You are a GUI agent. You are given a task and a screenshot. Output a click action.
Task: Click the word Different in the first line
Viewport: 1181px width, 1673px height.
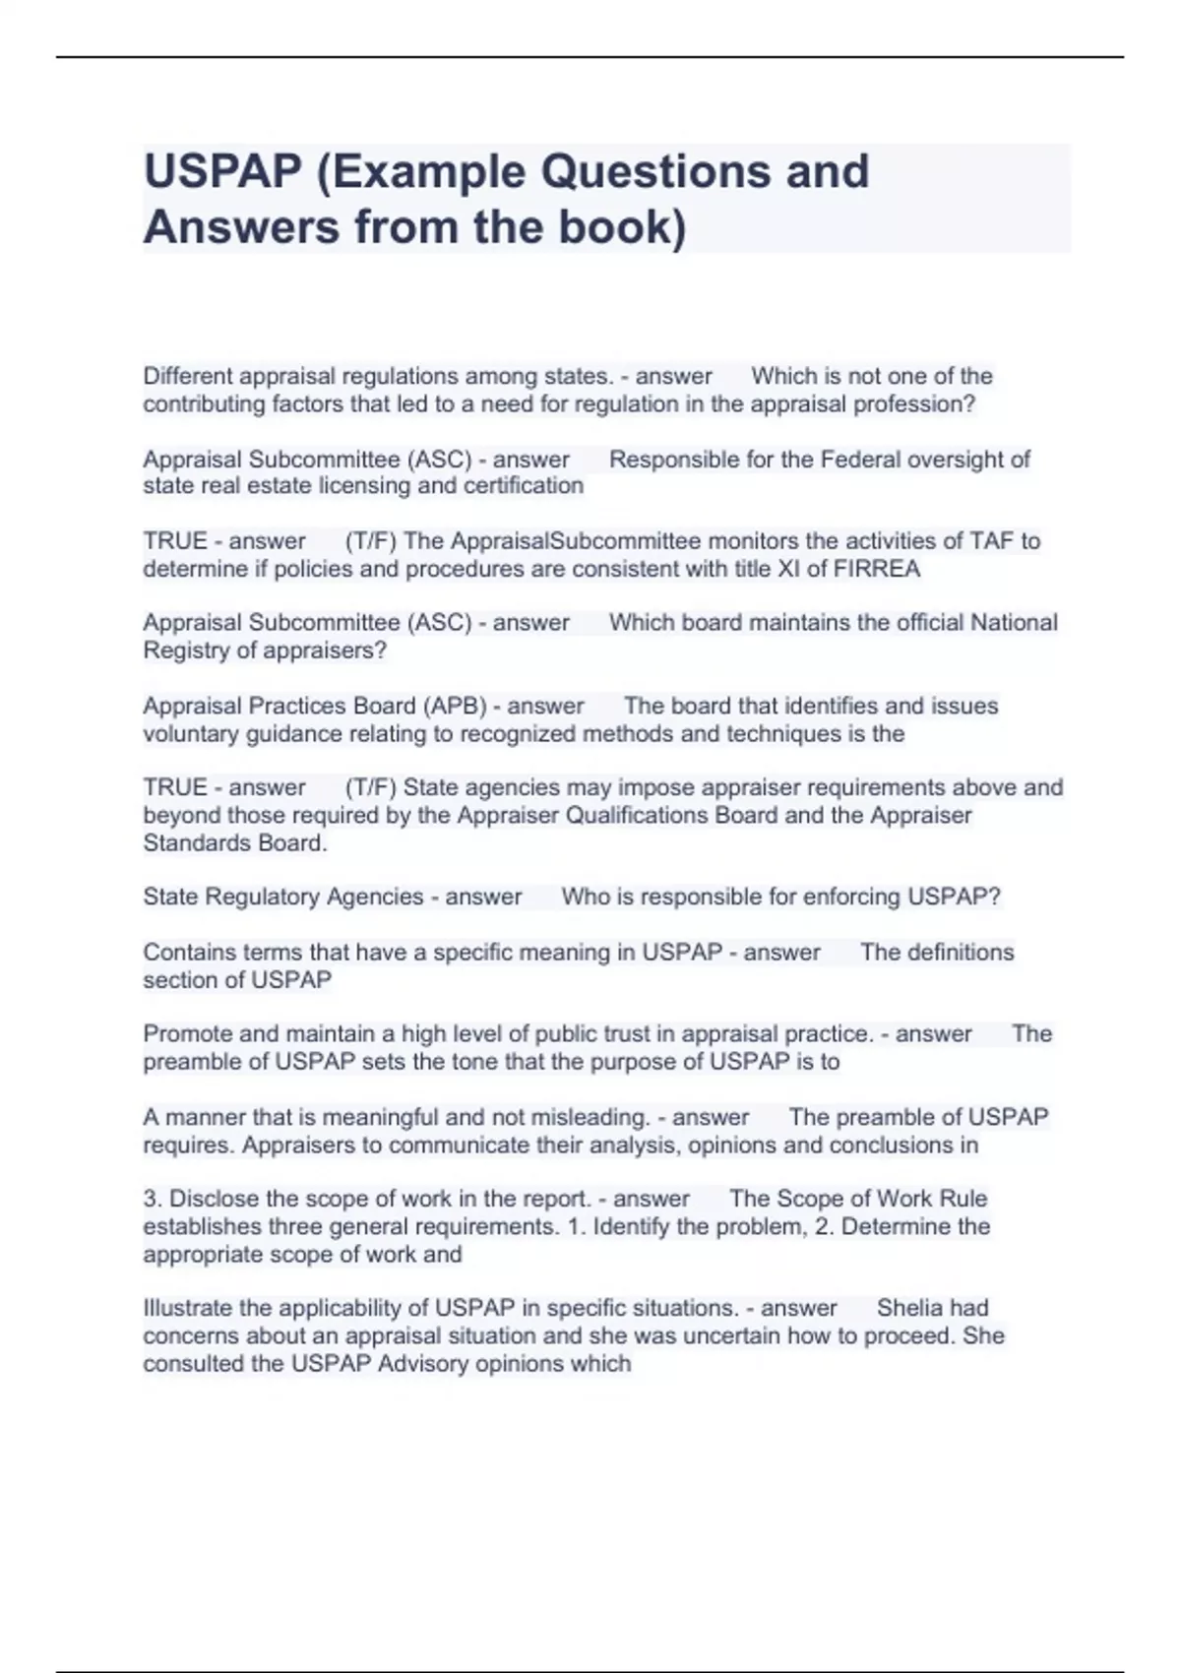[188, 376]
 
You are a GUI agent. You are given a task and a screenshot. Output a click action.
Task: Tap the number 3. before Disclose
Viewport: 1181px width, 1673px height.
[153, 1199]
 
